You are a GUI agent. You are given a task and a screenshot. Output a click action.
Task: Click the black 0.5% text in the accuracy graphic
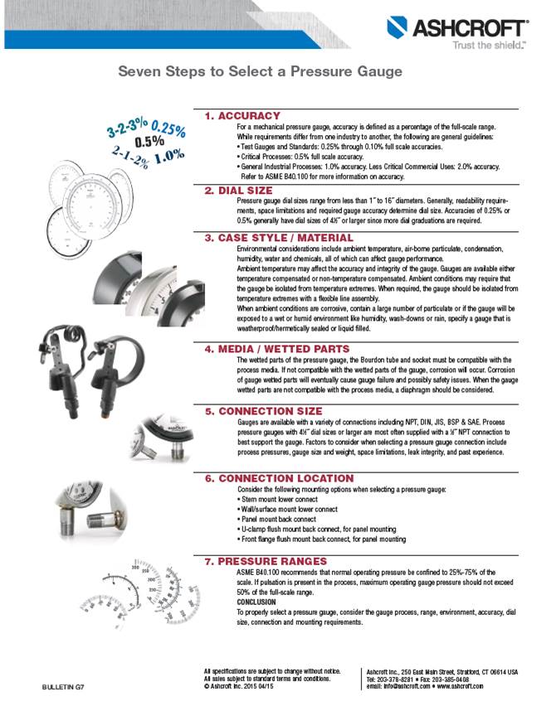[x=149, y=142]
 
